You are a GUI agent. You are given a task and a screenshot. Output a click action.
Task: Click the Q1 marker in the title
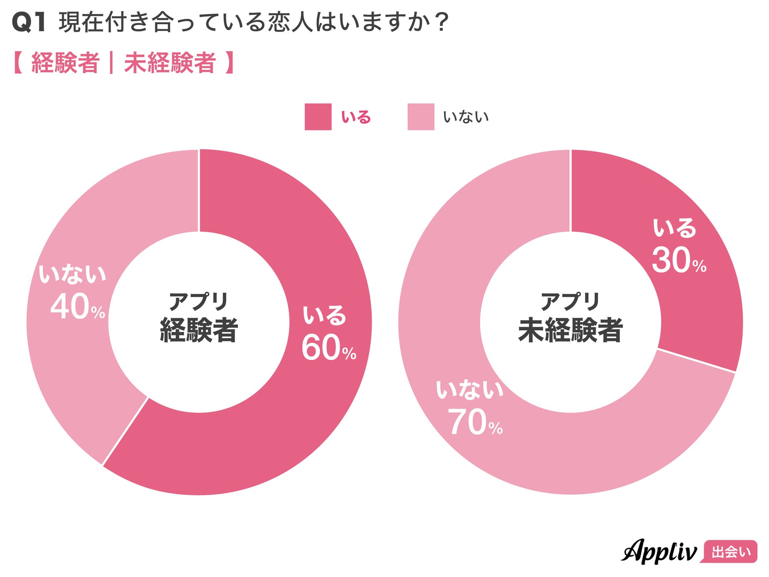(29, 22)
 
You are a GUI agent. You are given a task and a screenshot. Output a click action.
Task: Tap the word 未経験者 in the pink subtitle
(170, 63)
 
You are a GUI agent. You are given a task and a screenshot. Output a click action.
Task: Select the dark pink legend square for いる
(318, 117)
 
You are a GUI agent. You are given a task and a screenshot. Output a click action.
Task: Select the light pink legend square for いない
(421, 117)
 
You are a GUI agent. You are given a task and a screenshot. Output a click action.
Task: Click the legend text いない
(466, 117)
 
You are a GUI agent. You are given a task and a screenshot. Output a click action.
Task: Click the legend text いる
(356, 117)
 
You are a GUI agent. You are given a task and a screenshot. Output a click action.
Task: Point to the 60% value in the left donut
(328, 347)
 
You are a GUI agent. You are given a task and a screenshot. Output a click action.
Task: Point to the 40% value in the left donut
(77, 306)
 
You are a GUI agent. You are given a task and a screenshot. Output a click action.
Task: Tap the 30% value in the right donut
(678, 260)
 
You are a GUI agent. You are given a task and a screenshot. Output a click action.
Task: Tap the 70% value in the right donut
(474, 422)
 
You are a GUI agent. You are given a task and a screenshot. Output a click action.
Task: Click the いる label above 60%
(324, 315)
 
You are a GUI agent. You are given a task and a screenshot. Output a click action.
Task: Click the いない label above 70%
(469, 390)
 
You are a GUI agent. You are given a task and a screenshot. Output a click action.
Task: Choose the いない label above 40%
(72, 274)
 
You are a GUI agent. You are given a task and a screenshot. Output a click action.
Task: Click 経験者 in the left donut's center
(199, 330)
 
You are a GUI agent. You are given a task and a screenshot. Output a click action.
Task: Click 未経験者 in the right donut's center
(570, 330)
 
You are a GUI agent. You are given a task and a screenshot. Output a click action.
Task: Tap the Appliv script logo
(659, 552)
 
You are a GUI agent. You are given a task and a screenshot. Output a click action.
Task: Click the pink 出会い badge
(731, 552)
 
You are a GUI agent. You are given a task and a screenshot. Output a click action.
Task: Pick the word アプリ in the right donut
(570, 301)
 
